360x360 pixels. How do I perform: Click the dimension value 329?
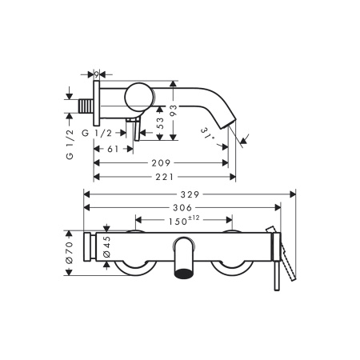190,194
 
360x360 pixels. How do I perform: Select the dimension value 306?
182,207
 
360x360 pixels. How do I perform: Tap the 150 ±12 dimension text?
184,221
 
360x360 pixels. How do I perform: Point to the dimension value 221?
165,177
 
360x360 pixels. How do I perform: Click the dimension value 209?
161,163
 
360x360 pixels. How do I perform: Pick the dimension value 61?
113,149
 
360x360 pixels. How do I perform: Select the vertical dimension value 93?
174,110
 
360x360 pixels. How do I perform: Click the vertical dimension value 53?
160,123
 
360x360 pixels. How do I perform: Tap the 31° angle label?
208,133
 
